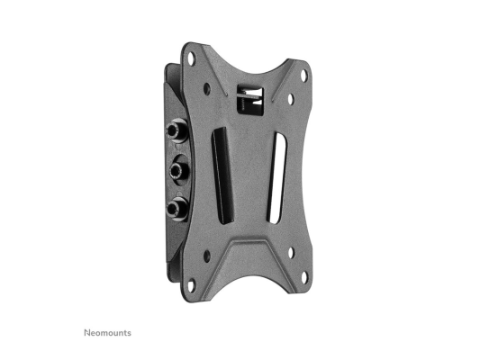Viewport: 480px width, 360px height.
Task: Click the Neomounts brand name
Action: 108,333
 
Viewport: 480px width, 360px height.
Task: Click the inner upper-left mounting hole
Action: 208,89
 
